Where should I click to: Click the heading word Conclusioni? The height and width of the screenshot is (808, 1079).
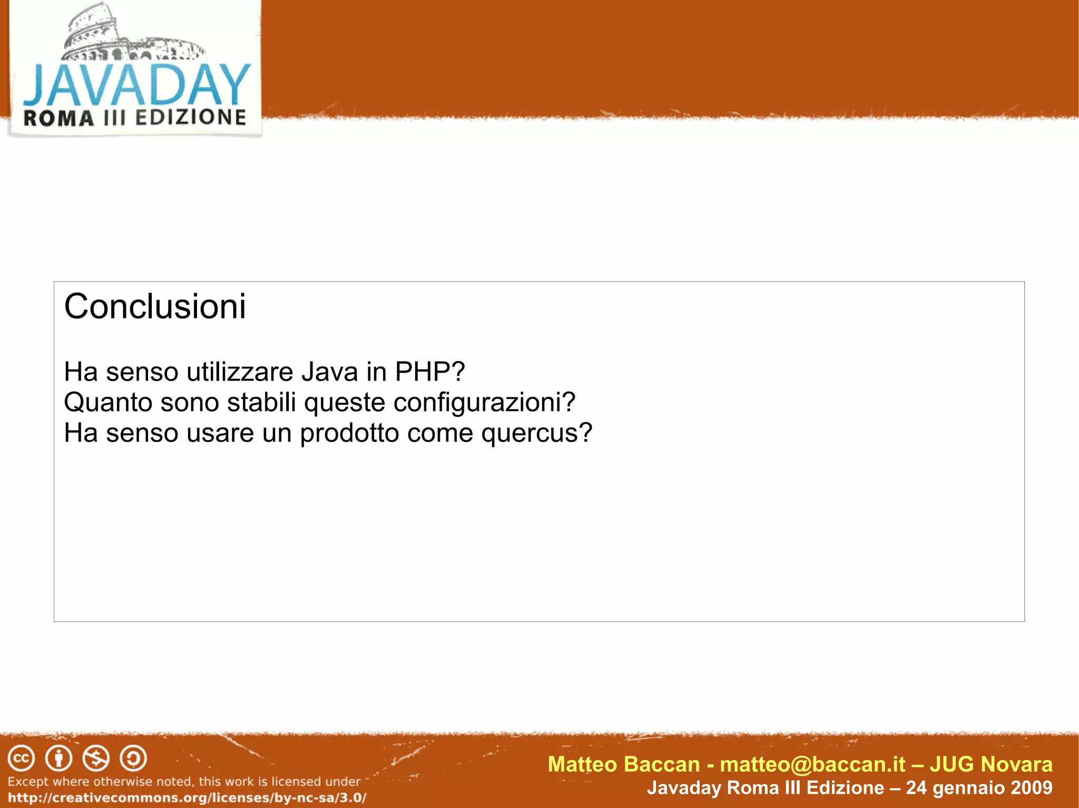pyautogui.click(x=154, y=306)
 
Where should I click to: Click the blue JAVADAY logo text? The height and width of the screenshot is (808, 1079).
pyautogui.click(x=137, y=84)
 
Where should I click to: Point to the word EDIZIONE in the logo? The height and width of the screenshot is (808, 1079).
pyautogui.click(x=191, y=117)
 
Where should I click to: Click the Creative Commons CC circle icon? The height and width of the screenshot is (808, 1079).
pyautogui.click(x=21, y=759)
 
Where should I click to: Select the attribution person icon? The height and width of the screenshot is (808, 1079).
pyautogui.click(x=58, y=759)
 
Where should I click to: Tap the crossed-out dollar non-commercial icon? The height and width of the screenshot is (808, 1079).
pyautogui.click(x=96, y=759)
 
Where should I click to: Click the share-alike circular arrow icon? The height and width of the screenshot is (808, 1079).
pyautogui.click(x=133, y=759)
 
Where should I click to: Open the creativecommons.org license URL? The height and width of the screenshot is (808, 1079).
pyautogui.click(x=187, y=797)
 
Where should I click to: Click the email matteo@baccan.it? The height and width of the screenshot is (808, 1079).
pyautogui.click(x=812, y=764)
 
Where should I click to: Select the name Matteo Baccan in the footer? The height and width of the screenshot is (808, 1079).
pyautogui.click(x=624, y=764)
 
